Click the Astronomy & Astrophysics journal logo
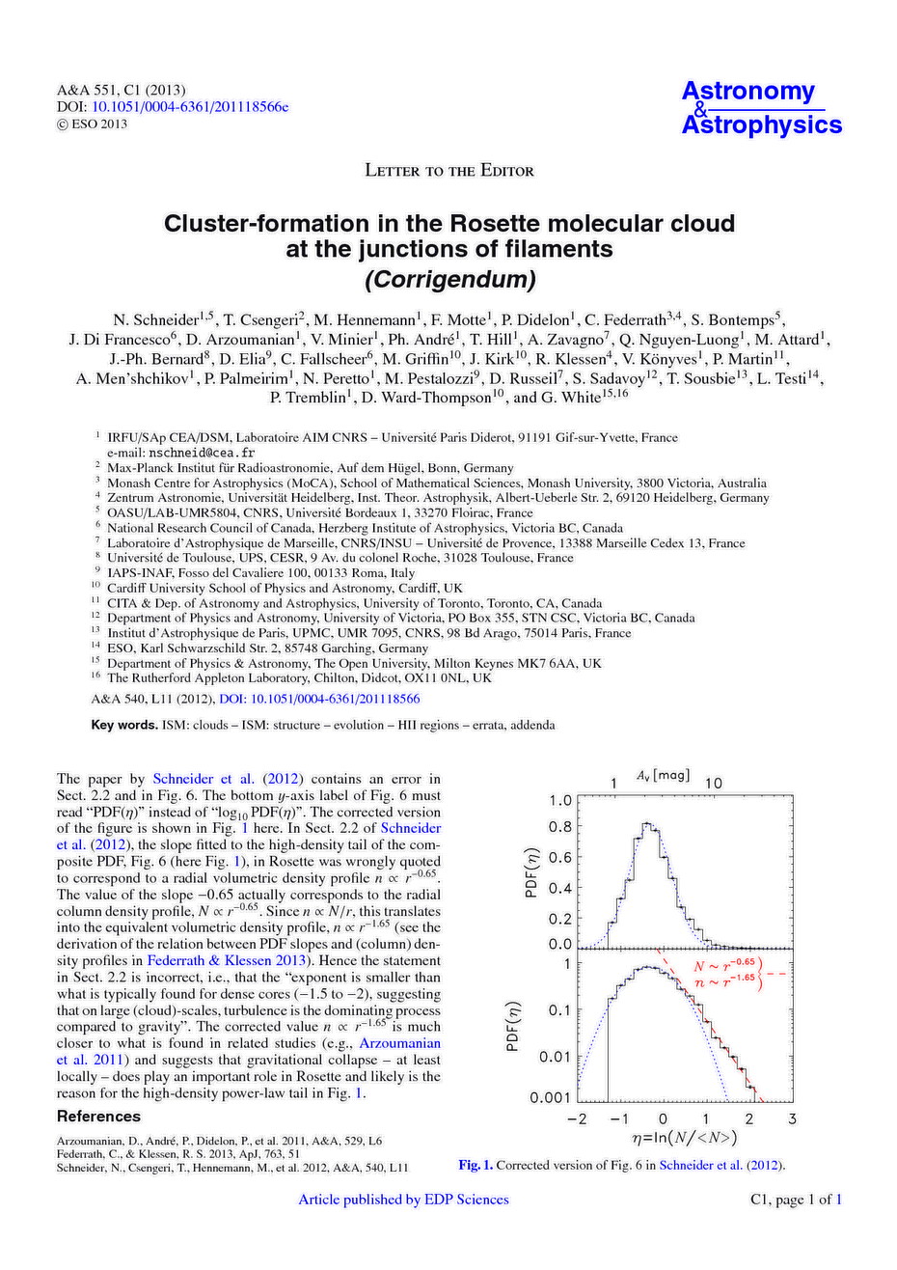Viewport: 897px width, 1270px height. pos(761,107)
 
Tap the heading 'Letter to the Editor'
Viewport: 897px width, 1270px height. pos(448,171)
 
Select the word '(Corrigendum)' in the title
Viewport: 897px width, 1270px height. pos(448,280)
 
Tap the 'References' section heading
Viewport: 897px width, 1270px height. pos(98,1117)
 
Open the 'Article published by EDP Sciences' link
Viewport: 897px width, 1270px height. pos(403,1200)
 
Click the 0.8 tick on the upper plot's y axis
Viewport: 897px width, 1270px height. pos(559,827)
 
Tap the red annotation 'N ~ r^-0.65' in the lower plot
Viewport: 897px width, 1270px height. pos(724,965)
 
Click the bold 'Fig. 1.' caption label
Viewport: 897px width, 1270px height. pos(476,1165)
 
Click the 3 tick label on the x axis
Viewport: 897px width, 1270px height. pos(791,1119)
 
